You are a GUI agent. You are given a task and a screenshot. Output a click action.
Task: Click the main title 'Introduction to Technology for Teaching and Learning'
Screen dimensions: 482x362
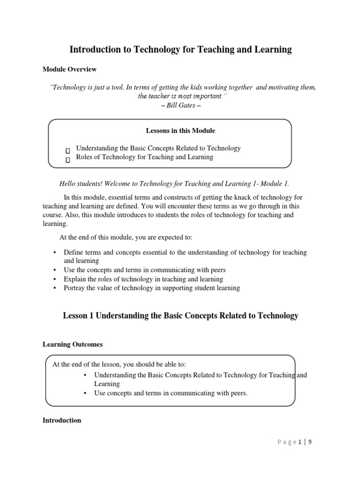[181, 49]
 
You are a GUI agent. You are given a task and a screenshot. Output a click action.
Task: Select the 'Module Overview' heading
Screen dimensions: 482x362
[69, 69]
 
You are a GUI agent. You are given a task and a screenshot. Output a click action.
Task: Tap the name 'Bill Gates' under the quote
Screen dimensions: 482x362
[181, 105]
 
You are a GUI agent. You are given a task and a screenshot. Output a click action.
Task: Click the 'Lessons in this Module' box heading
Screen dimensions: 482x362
[181, 130]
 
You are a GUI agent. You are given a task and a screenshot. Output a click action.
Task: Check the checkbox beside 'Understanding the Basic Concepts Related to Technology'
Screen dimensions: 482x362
[68, 150]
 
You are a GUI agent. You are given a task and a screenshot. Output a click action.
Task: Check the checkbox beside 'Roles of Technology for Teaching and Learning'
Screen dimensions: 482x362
[68, 160]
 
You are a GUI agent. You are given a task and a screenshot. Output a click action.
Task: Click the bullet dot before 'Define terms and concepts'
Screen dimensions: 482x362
[56, 252]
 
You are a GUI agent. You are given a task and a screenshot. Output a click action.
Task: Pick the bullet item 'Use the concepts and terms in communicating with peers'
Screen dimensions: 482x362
[145, 270]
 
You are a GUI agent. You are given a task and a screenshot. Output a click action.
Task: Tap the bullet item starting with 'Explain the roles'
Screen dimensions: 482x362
[143, 279]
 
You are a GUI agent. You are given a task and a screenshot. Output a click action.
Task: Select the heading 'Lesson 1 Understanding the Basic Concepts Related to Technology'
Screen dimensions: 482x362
[181, 316]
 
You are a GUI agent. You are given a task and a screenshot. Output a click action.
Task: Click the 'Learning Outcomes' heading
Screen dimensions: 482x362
[73, 345]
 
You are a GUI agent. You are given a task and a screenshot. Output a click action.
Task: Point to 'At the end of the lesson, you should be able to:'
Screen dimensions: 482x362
[122, 364]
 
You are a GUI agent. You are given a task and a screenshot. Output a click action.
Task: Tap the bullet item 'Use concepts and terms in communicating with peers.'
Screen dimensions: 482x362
[171, 393]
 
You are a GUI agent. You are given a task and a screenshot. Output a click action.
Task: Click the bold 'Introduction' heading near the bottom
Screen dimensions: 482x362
[62, 420]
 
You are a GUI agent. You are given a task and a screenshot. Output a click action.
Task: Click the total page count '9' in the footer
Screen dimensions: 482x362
[310, 442]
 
